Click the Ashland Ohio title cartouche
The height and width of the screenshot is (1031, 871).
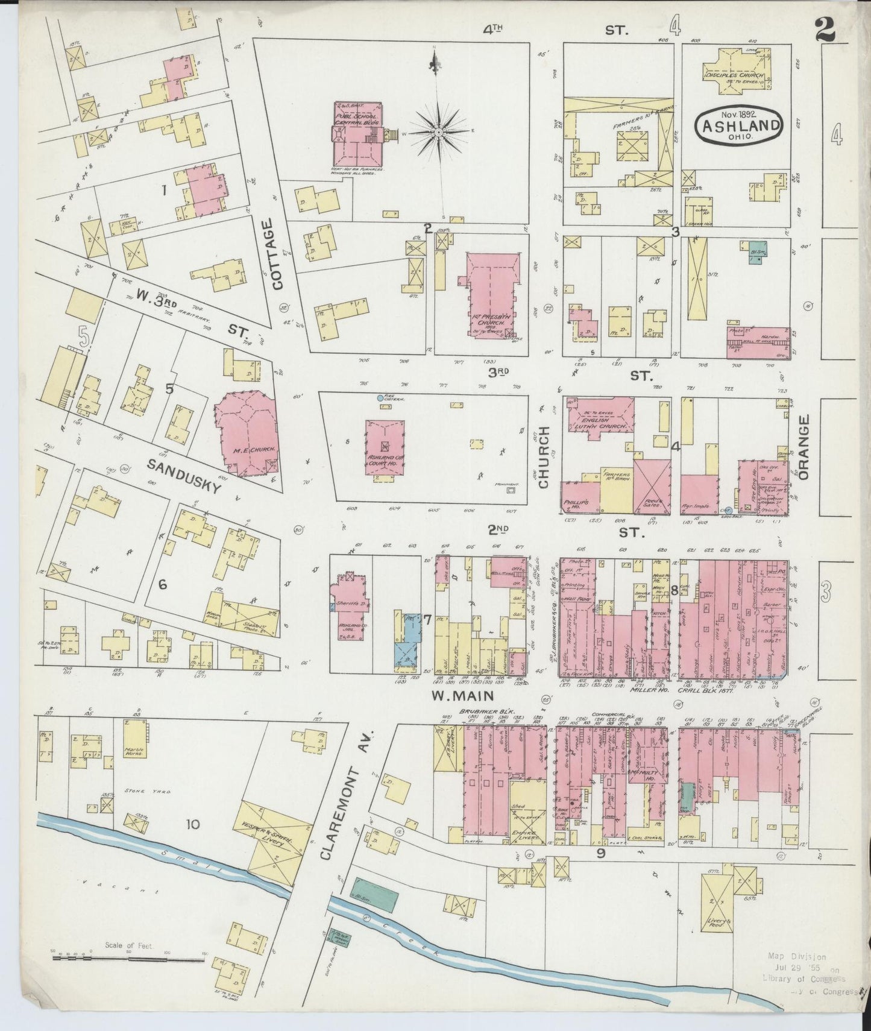[739, 125]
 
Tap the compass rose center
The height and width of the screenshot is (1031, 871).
[439, 131]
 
